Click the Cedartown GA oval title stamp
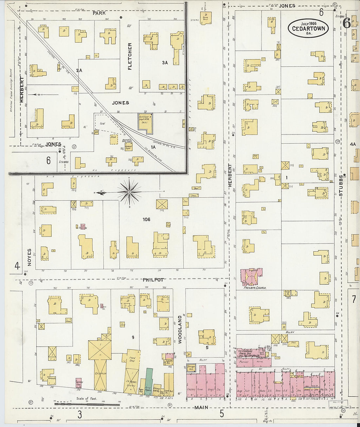click(308, 28)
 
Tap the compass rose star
click(130, 192)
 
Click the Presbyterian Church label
click(255, 288)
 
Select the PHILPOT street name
click(153, 280)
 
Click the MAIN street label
click(201, 408)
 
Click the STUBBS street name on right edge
click(341, 186)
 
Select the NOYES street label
click(29, 257)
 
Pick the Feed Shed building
click(132, 359)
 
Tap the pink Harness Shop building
click(79, 383)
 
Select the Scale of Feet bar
click(87, 404)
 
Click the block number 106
click(146, 219)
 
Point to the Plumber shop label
click(244, 362)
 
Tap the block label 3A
click(165, 62)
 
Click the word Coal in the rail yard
click(102, 124)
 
